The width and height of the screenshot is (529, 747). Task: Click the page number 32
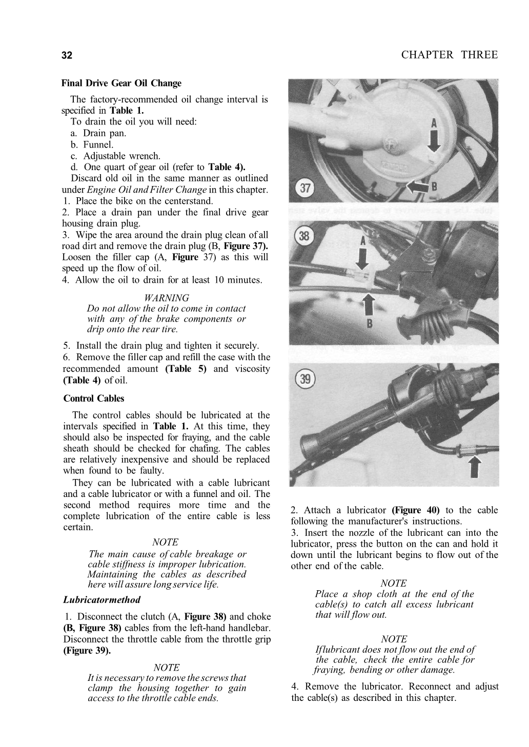pos(67,55)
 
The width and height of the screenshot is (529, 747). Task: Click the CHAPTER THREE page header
pos(449,55)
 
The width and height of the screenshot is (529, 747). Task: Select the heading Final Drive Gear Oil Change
pos(121,83)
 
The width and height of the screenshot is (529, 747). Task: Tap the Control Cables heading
pos(94,398)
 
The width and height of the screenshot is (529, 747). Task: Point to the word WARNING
pos(167,298)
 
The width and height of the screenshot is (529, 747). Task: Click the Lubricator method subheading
pos(102,599)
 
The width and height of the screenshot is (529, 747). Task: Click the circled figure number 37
pos(305,188)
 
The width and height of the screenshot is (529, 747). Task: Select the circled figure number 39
pos(305,380)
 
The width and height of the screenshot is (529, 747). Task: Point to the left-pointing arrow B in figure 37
pos(417,188)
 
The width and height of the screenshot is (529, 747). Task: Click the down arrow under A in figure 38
pos(362,259)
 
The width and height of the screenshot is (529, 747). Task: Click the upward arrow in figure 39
pos(476,467)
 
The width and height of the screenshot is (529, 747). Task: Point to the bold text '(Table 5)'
pos(186,369)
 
